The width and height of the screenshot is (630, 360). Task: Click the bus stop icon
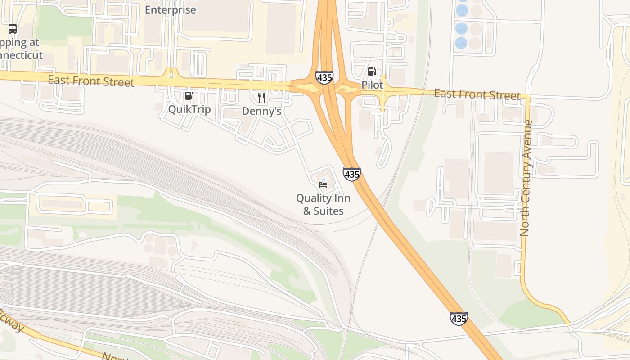coord(13,29)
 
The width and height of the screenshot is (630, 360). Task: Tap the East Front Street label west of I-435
coord(91,81)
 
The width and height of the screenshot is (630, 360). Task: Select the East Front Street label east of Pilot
coord(477,94)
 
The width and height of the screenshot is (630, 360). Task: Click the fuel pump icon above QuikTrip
coord(189,96)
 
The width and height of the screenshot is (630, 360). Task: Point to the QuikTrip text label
coord(189,109)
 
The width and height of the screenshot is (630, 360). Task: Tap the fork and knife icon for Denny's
coord(261,98)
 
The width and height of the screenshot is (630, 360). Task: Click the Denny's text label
coord(261,111)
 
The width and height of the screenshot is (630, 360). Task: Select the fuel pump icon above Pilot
coord(372,72)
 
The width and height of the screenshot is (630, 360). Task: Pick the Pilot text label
coord(372,85)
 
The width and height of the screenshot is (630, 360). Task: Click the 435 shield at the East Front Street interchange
coord(324,77)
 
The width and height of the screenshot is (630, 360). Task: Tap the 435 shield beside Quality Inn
coord(351,174)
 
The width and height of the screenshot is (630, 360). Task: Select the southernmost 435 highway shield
coord(459,319)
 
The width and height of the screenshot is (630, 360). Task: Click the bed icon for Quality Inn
coord(323,184)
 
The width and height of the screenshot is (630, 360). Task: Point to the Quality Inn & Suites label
coord(323,204)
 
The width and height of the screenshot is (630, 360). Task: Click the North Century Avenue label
coord(525,178)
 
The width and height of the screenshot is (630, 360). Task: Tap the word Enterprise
coord(171,9)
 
